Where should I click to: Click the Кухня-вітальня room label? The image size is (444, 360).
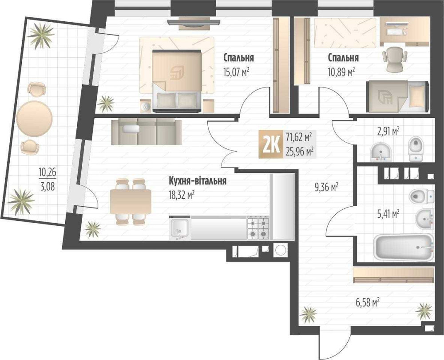198,181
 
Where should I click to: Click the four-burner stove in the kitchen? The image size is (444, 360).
258,227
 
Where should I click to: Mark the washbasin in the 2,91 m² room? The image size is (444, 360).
381,152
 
